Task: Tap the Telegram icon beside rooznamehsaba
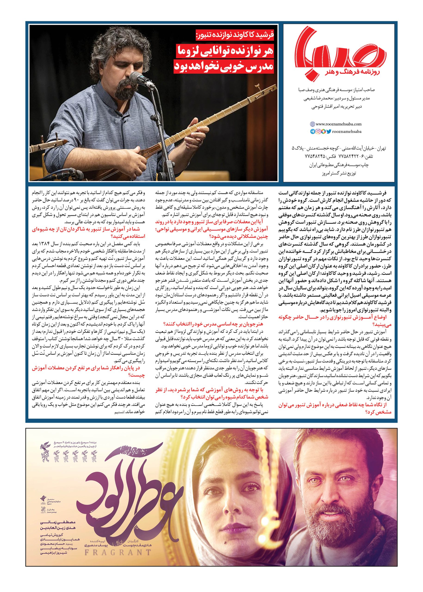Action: point(312,132)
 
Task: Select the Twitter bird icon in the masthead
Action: point(329,132)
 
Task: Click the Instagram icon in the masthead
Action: point(318,132)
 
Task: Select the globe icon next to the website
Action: point(312,124)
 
